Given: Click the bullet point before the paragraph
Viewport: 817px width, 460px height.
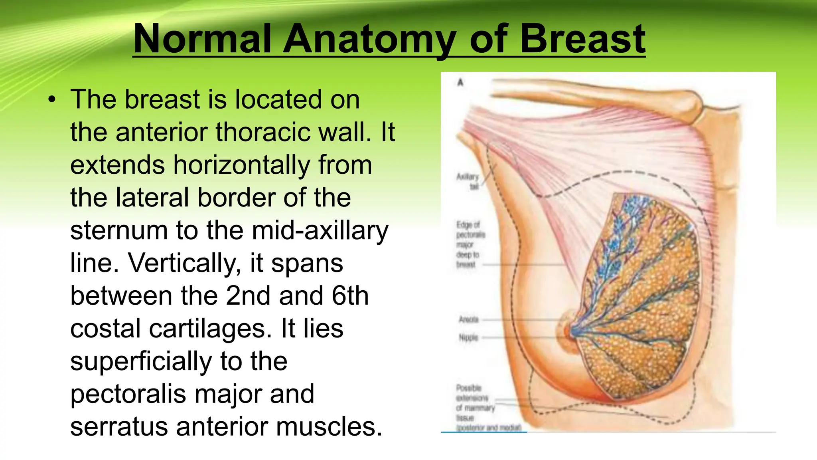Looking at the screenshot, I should click(52, 100).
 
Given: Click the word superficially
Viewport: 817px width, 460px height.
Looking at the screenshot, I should click(141, 361).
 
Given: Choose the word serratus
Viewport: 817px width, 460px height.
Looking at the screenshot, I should click(119, 427).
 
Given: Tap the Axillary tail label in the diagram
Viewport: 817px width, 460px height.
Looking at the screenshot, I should click(468, 181).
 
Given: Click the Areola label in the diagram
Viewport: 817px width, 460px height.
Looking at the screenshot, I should click(468, 319).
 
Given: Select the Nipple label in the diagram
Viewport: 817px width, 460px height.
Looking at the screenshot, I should click(468, 338).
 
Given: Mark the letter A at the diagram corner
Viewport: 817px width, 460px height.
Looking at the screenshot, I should click(460, 82).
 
